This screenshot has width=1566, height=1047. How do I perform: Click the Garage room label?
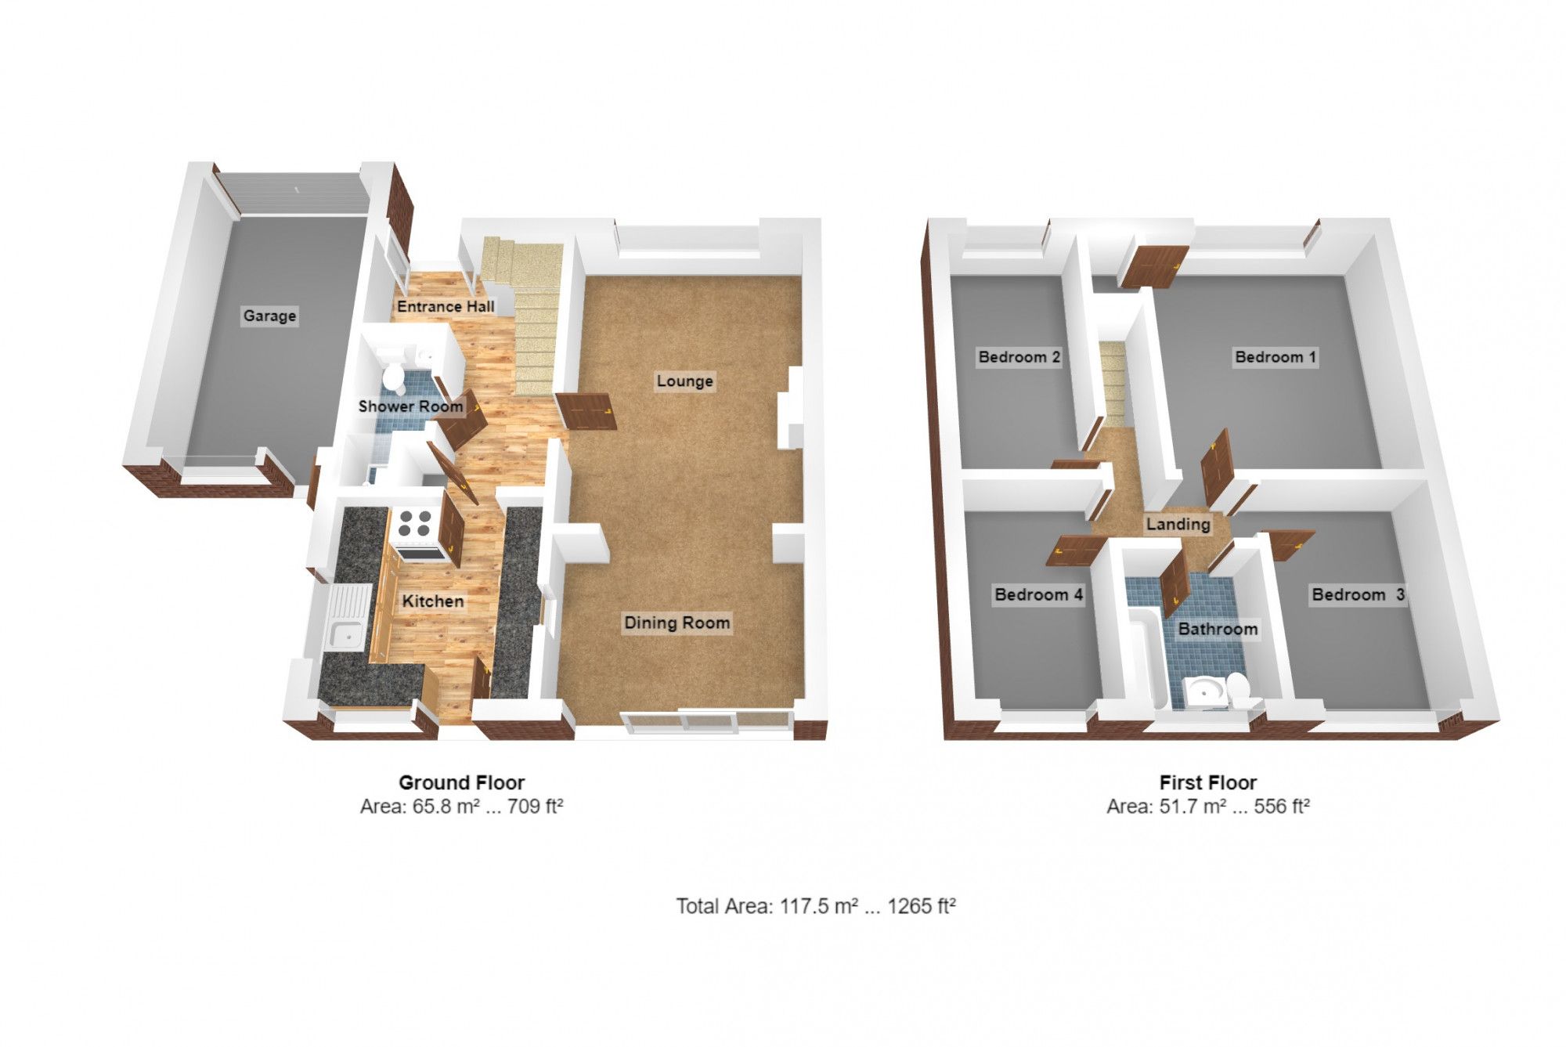pos(269,316)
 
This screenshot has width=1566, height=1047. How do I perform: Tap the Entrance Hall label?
pos(446,306)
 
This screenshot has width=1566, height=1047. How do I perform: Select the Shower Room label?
pos(410,406)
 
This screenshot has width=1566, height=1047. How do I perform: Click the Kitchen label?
pos(433,601)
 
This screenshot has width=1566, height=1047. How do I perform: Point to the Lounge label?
pos(685,381)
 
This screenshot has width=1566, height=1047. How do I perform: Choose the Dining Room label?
pos(677,623)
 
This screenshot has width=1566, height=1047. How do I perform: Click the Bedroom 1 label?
pos(1276,357)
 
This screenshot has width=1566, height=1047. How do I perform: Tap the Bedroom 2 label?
pos(1019,357)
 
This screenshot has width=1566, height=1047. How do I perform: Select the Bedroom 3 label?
pos(1358,594)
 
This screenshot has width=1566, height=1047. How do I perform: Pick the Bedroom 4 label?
pos(1038,594)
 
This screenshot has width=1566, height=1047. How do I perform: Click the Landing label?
pos(1178,524)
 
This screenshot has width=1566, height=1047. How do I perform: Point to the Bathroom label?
pos(1218,629)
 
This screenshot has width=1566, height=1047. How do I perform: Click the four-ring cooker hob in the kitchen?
pos(413,524)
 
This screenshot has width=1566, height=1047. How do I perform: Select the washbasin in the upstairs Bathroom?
pos(1201,691)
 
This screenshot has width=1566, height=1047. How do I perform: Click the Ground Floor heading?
pos(462,782)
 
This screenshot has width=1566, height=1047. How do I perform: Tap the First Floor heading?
pos(1208,782)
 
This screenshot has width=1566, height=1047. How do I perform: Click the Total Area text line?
pos(816,906)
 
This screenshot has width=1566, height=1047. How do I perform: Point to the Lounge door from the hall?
pos(586,410)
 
